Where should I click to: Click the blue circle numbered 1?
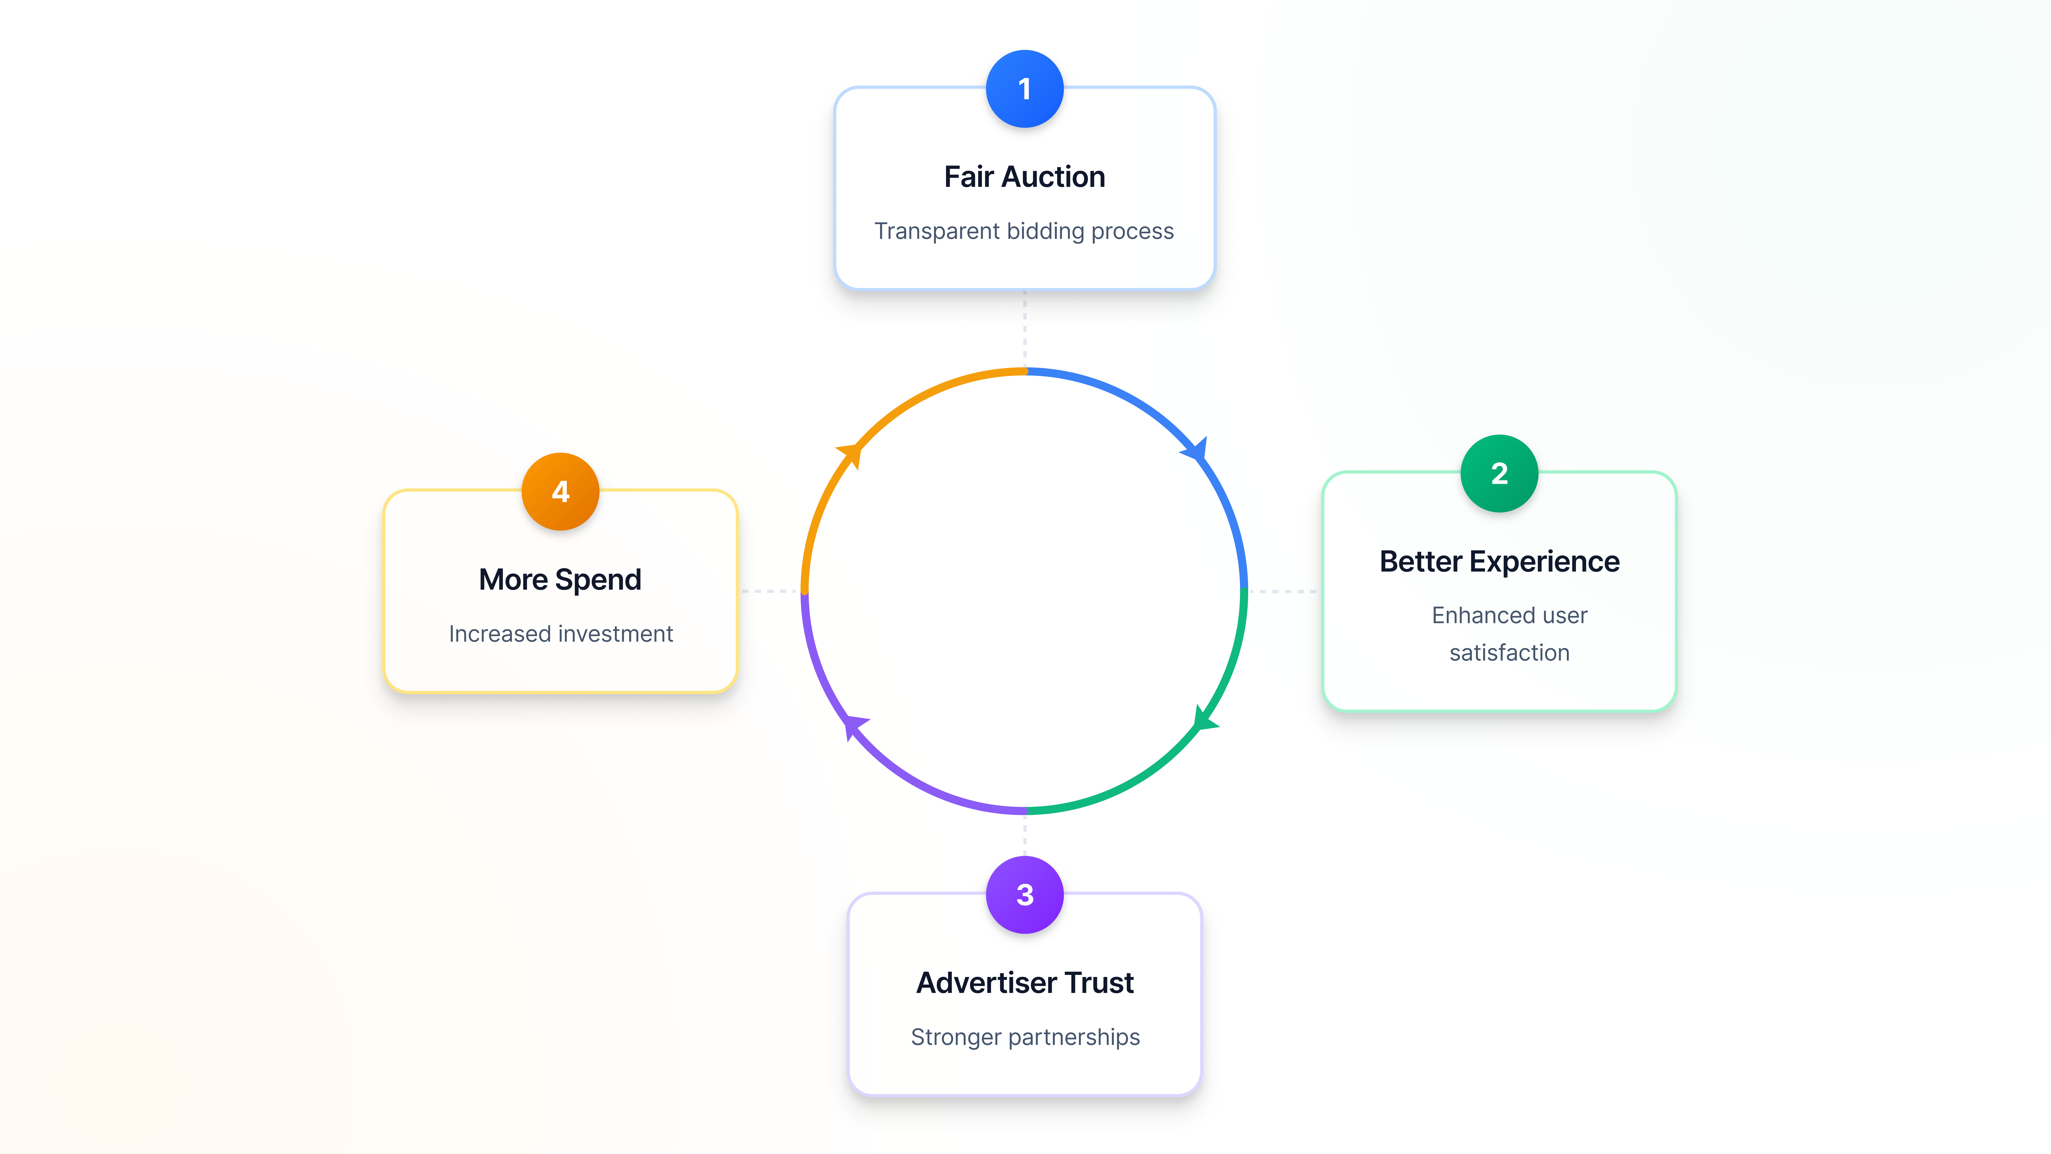[x=1025, y=88]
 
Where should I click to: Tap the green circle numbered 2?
[x=1499, y=473]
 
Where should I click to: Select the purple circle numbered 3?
[x=1025, y=894]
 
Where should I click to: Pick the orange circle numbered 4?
[x=561, y=491]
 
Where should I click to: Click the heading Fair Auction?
[x=1025, y=177]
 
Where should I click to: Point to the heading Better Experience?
[x=1499, y=561]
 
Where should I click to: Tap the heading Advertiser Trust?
[x=1025, y=983]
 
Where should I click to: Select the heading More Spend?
[x=561, y=580]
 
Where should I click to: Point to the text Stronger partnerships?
[x=1025, y=1037]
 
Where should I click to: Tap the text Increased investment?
[x=561, y=634]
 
